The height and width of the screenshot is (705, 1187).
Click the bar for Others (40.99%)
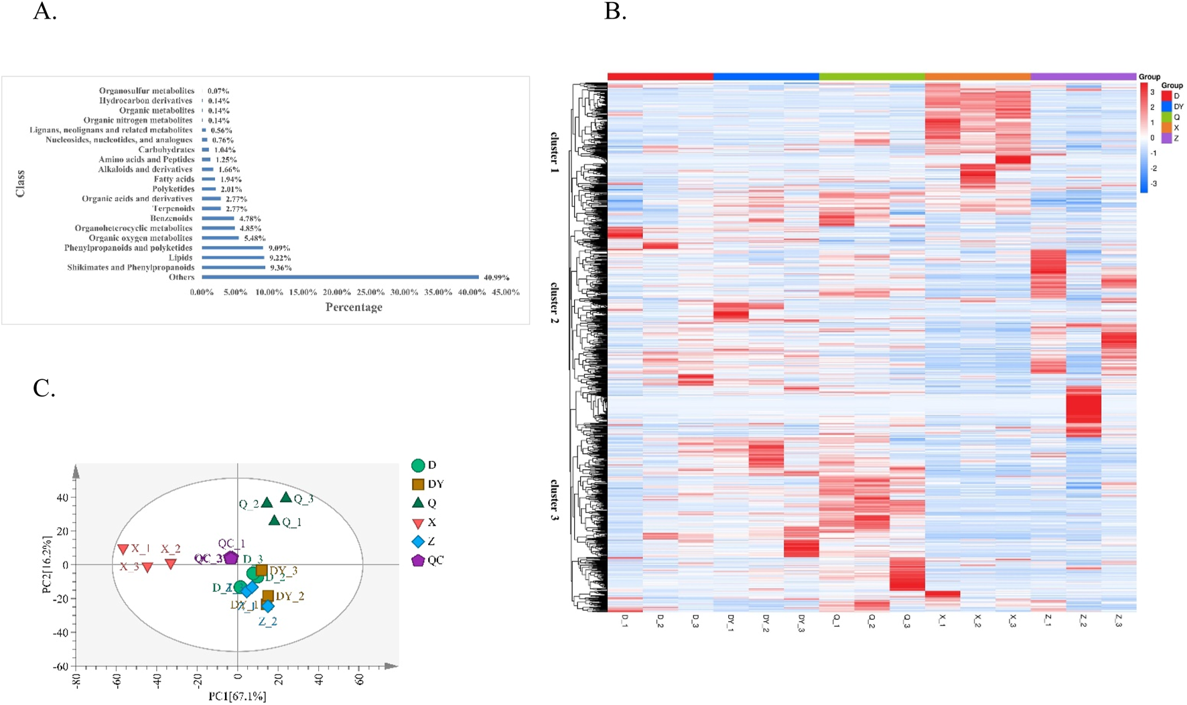pos(340,277)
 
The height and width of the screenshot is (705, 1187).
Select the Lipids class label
pos(181,257)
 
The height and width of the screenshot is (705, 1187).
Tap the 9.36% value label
pos(280,267)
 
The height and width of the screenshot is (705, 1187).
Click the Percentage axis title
pos(354,307)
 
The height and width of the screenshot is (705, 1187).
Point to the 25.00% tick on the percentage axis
pos(370,292)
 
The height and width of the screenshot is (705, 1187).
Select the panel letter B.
pos(615,11)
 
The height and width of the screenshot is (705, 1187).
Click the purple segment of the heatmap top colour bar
pos(1083,77)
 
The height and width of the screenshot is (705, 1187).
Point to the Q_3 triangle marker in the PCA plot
pos(286,497)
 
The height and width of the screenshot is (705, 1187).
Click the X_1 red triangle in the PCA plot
pos(123,550)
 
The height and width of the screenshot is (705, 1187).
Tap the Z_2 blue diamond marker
pos(267,606)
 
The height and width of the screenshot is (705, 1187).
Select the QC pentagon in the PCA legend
pos(418,560)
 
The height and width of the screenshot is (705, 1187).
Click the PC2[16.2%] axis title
pos(46,564)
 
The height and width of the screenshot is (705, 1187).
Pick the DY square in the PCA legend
pos(418,485)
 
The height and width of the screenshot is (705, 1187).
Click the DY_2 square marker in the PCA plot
pos(268,595)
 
